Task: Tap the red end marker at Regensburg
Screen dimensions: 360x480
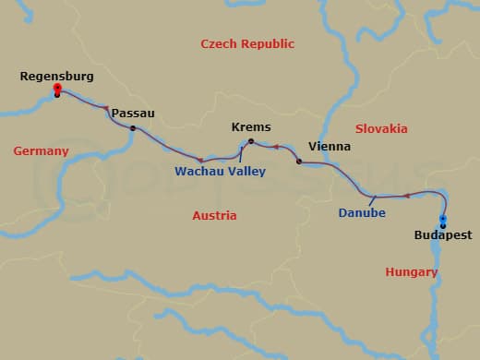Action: pyautogui.click(x=57, y=89)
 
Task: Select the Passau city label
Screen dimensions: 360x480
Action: pyautogui.click(x=133, y=113)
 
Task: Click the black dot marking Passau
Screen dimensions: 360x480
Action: pyautogui.click(x=133, y=128)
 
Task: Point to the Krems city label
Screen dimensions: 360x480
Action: pyautogui.click(x=250, y=126)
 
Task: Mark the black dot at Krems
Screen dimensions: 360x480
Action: pyautogui.click(x=251, y=140)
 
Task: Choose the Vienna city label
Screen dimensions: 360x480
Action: pyautogui.click(x=329, y=146)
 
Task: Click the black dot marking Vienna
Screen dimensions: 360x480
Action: pyautogui.click(x=298, y=162)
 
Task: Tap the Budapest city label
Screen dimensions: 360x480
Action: pyautogui.click(x=442, y=235)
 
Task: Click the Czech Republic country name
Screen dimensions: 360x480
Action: pyautogui.click(x=247, y=43)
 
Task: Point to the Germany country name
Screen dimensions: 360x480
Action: pyautogui.click(x=41, y=150)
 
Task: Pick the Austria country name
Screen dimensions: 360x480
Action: pyautogui.click(x=214, y=215)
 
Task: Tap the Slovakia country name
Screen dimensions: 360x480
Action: pyautogui.click(x=381, y=128)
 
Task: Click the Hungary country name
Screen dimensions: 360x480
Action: pyautogui.click(x=411, y=271)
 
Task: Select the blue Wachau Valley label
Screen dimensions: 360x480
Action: pyautogui.click(x=220, y=171)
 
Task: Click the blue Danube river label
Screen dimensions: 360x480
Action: pyautogui.click(x=361, y=213)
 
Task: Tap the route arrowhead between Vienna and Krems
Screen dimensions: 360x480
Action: pyautogui.click(x=275, y=146)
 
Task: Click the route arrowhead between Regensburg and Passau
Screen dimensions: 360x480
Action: pyautogui.click(x=106, y=108)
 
